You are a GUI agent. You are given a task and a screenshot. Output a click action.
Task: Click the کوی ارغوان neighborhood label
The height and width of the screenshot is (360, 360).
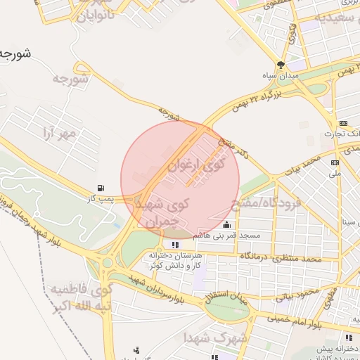(x=195, y=166)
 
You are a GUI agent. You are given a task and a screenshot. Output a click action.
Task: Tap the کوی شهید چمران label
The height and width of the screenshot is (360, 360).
(x=161, y=212)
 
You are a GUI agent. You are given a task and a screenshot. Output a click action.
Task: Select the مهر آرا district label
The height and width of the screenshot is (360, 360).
(x=58, y=133)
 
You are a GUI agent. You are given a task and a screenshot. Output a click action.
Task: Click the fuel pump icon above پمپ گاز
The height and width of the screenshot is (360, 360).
(x=103, y=188)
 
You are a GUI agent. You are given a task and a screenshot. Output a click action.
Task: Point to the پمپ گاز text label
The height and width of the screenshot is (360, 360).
(x=101, y=199)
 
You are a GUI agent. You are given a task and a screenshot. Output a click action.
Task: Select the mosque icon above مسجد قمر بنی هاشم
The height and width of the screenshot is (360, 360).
(x=226, y=225)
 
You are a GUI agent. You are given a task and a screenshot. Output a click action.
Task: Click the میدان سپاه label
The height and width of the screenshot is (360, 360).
(x=281, y=75)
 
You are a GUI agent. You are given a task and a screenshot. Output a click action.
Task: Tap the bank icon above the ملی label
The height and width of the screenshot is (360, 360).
(x=335, y=162)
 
